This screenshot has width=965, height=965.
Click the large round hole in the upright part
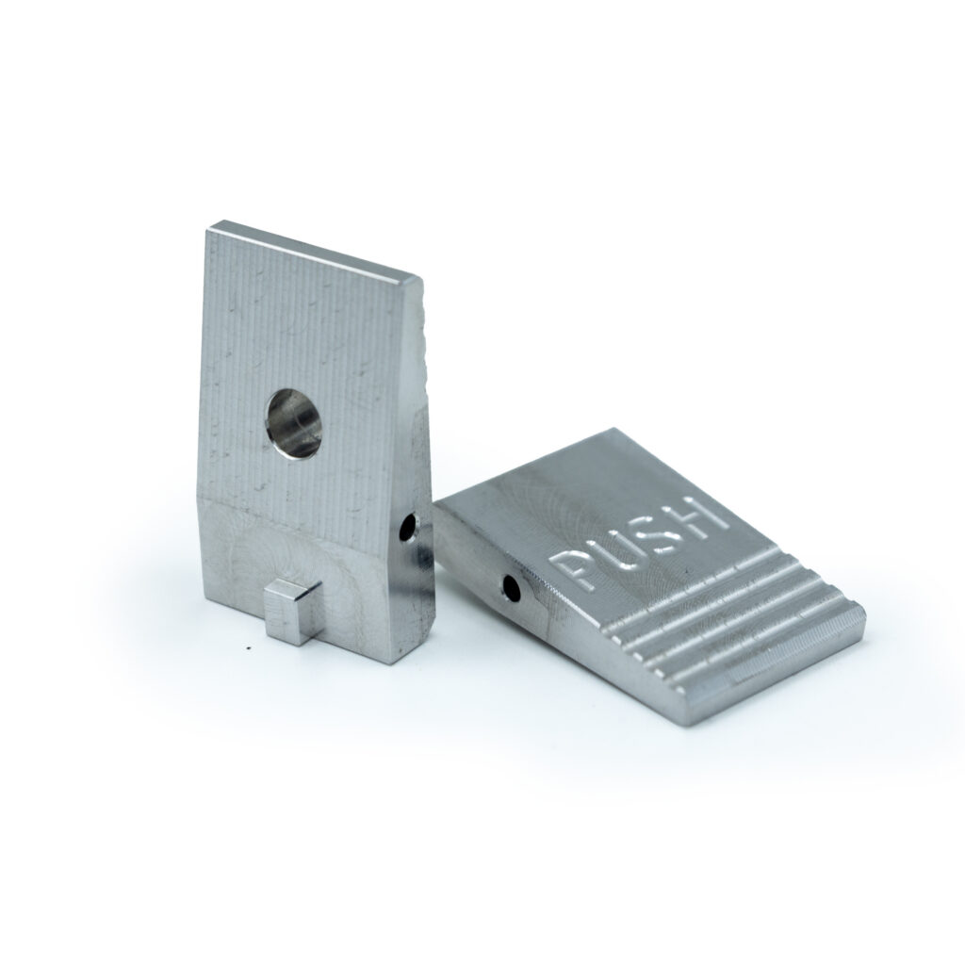(x=294, y=423)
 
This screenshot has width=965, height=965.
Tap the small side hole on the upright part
(x=407, y=529)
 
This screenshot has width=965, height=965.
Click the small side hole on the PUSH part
(x=511, y=588)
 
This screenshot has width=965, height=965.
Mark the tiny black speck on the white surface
(x=248, y=647)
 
